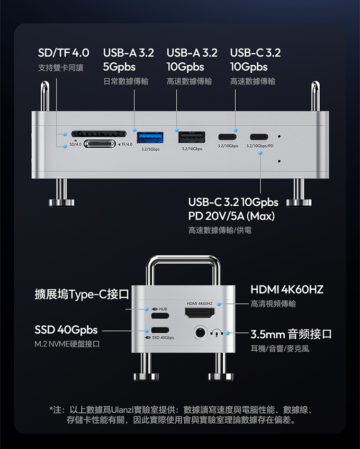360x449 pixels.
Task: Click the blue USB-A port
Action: (150, 138)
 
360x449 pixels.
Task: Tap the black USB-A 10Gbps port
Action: (192, 137)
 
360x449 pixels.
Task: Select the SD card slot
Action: (99, 133)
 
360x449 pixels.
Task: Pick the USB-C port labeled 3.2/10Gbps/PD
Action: (259, 137)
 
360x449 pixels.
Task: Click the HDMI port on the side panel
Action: (200, 313)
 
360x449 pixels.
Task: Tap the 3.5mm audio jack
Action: (200, 333)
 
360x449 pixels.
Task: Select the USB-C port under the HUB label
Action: (160, 316)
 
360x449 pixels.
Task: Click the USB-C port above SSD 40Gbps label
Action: (160, 330)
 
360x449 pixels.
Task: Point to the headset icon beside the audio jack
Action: (216, 333)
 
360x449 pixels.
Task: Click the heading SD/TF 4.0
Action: (64, 53)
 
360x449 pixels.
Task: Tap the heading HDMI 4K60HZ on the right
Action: (287, 290)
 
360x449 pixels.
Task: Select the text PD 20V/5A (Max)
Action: (231, 216)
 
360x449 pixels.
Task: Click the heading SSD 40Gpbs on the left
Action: (66, 330)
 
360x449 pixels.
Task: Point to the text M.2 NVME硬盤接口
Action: (67, 344)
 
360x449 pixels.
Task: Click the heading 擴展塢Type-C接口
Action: (82, 294)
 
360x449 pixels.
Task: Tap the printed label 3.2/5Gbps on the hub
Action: (150, 149)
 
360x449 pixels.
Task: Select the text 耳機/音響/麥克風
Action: (280, 348)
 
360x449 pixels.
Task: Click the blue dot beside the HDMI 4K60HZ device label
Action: (219, 304)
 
